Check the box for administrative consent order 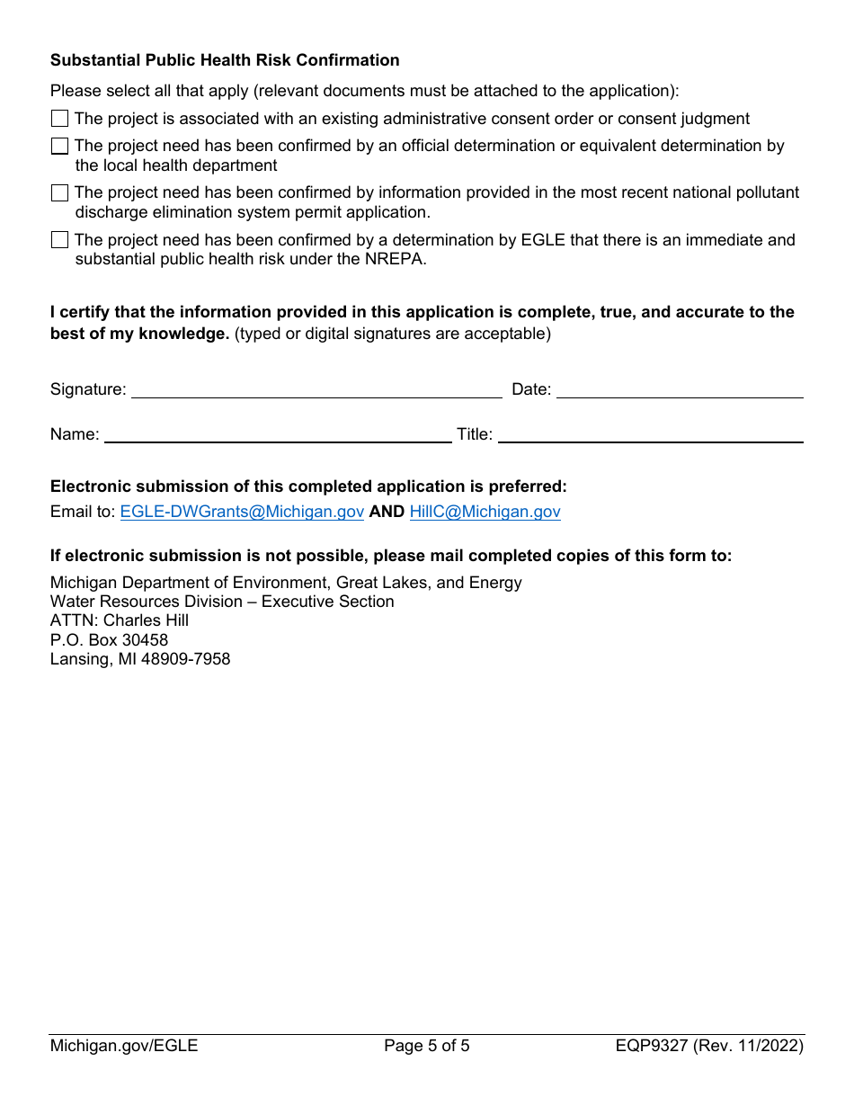(x=59, y=119)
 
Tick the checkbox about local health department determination (x=59, y=146)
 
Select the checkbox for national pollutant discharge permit (x=59, y=192)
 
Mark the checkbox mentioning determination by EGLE (x=59, y=240)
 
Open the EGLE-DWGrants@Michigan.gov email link (x=242, y=512)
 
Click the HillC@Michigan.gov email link (x=485, y=512)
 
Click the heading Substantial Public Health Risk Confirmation (x=225, y=60)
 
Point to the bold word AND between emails (x=387, y=512)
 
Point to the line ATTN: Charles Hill (x=120, y=620)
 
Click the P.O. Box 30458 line (x=109, y=640)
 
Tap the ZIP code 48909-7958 (x=185, y=659)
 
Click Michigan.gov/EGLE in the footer (x=124, y=1046)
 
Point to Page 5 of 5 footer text (x=426, y=1046)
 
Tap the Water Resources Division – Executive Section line (x=222, y=602)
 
